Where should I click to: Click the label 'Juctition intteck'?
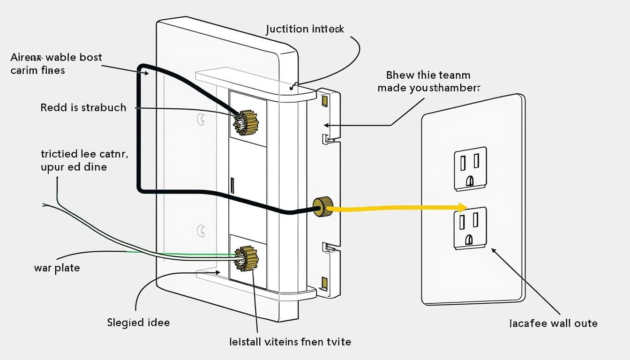[x=305, y=29]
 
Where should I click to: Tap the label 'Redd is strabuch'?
[x=83, y=107]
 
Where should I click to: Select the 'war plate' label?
[x=57, y=268]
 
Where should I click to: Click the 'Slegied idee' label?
[x=138, y=322]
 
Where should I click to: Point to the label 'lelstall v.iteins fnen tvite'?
[x=290, y=341]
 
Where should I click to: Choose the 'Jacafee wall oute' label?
[x=553, y=323]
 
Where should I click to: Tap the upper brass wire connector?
[x=246, y=123]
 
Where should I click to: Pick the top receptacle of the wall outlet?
[x=470, y=168]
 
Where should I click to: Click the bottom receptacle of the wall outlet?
[x=470, y=228]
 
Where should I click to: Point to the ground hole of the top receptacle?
[x=470, y=180]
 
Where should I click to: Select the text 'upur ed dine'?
[x=74, y=166]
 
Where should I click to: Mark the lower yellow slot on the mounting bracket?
[x=324, y=283]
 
